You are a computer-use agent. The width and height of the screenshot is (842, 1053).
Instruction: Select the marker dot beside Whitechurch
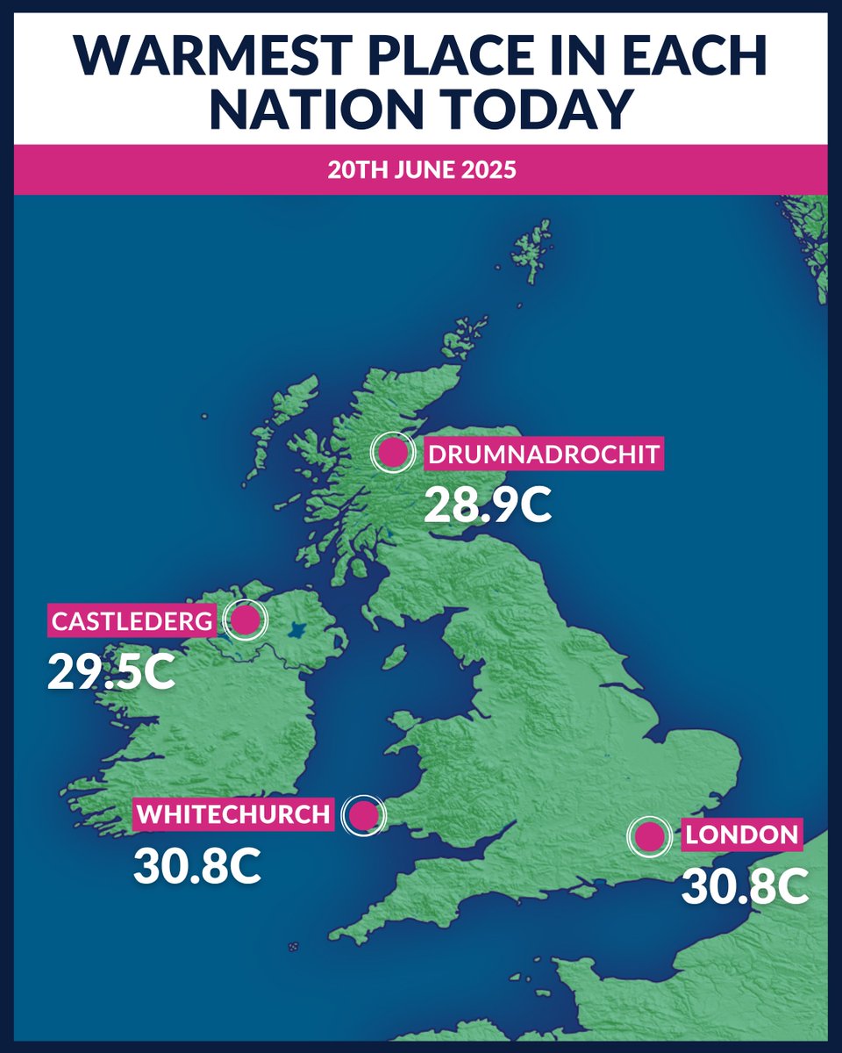pos(363,816)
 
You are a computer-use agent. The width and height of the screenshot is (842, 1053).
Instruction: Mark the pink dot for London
pos(649,836)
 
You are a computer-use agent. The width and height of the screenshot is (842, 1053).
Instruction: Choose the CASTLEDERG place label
pos(132,622)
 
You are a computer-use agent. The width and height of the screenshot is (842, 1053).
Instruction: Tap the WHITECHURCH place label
pos(234,814)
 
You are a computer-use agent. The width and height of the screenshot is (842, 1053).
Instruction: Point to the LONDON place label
pos(742,835)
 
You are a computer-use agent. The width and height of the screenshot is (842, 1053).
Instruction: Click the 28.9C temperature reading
pos(488,505)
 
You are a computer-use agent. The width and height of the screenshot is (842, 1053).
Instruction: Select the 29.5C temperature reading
pos(111,671)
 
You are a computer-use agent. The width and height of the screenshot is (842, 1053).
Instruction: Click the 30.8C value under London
pos(745,887)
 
